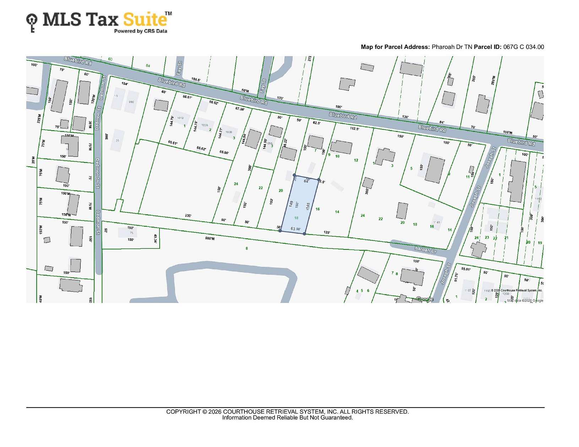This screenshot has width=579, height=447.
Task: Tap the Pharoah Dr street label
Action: coord(425,249)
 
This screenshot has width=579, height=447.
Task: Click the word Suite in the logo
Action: coord(145,20)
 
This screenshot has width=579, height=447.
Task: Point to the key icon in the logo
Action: coord(32,23)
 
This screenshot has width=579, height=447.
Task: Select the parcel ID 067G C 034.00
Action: coord(523,47)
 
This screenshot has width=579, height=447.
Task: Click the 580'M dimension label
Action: coord(210,238)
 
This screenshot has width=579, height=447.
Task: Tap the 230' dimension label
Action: coord(188,215)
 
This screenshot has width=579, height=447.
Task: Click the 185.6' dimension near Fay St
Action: coord(196,79)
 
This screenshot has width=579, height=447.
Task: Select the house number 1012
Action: coord(180,118)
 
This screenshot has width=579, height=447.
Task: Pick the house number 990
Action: coord(131,102)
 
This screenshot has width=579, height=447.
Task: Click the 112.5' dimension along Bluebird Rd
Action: coord(354,128)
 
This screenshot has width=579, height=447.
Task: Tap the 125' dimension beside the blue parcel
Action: coord(327,232)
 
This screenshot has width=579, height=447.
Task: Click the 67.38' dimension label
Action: coord(240,109)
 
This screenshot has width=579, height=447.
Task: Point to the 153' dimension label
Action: coord(271,201)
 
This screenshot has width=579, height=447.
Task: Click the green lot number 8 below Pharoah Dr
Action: coord(247,248)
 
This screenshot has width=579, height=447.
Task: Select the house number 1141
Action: coord(437,222)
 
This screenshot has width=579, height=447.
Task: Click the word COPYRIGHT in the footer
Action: coord(183,412)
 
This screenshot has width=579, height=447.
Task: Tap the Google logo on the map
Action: coord(424,299)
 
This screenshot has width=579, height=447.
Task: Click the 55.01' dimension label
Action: coord(466,269)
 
